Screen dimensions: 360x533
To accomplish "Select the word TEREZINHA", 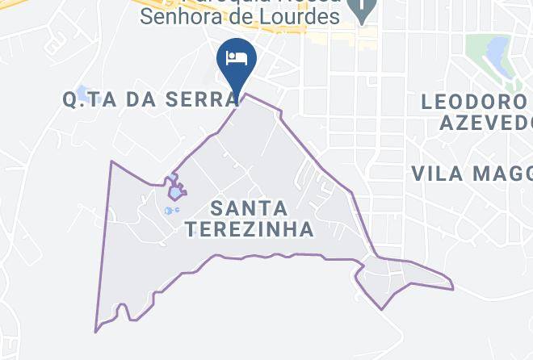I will click(249, 229).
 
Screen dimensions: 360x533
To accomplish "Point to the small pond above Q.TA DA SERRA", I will click(82, 91).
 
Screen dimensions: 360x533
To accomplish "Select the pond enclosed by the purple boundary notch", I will click(175, 193).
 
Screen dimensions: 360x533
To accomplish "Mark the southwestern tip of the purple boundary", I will click(95, 331).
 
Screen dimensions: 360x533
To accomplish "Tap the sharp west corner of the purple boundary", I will click(111, 161).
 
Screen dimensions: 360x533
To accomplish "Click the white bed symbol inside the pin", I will click(237, 57).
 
